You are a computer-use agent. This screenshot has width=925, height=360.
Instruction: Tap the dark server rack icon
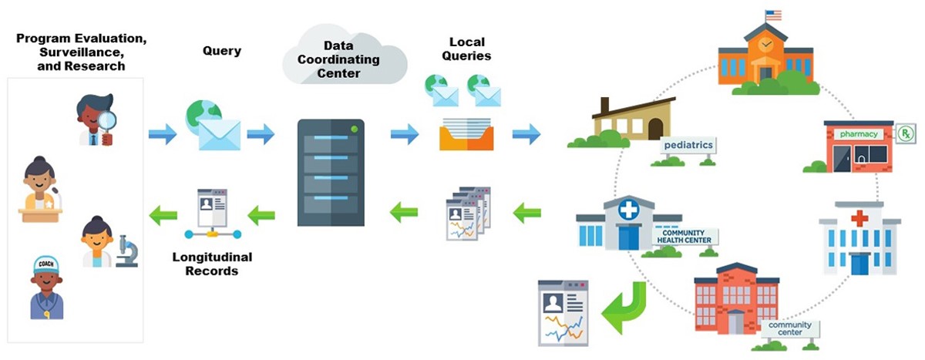[x=331, y=173]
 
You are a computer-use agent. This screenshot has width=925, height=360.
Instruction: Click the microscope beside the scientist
[x=127, y=251]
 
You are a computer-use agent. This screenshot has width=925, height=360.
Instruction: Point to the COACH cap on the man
[x=46, y=267]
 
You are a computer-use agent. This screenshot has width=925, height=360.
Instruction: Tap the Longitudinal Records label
[x=212, y=264]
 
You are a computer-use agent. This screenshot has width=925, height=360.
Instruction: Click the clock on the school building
[x=765, y=45]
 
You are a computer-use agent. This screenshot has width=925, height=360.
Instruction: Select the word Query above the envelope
[x=222, y=52]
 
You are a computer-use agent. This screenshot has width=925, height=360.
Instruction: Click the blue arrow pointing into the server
[x=261, y=134]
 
